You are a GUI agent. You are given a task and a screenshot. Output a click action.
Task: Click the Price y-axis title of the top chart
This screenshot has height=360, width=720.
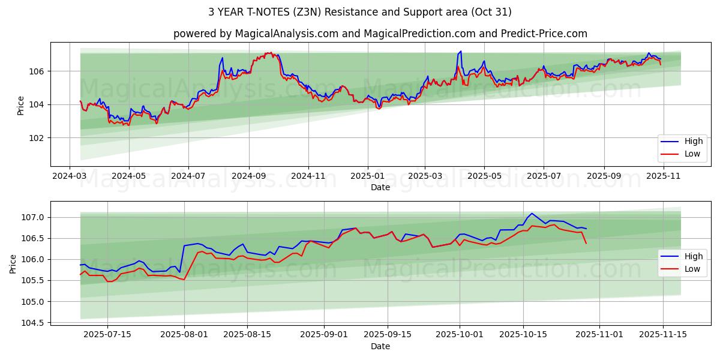click(x=21, y=105)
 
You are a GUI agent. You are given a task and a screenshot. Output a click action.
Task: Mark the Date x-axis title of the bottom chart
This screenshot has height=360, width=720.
click(x=380, y=346)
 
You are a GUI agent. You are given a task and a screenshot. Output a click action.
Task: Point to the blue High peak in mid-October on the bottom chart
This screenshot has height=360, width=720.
click(x=532, y=213)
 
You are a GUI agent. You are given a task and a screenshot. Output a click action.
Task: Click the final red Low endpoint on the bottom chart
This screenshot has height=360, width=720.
click(x=586, y=243)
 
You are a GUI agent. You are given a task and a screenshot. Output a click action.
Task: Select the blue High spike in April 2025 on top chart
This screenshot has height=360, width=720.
click(x=460, y=52)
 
